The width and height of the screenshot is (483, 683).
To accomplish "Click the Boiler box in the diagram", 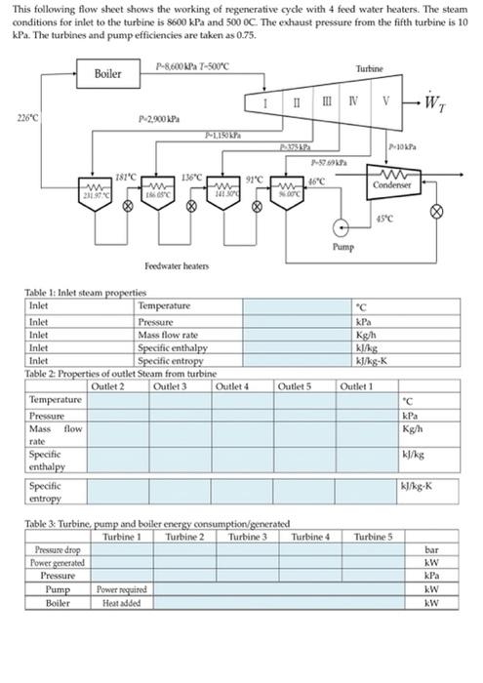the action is tap(107, 73).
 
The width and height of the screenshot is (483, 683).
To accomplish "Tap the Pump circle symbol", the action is tap(342, 228).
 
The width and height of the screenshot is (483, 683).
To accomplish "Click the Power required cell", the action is tap(117, 589).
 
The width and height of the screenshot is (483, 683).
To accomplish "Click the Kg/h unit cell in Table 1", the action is tap(369, 334).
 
